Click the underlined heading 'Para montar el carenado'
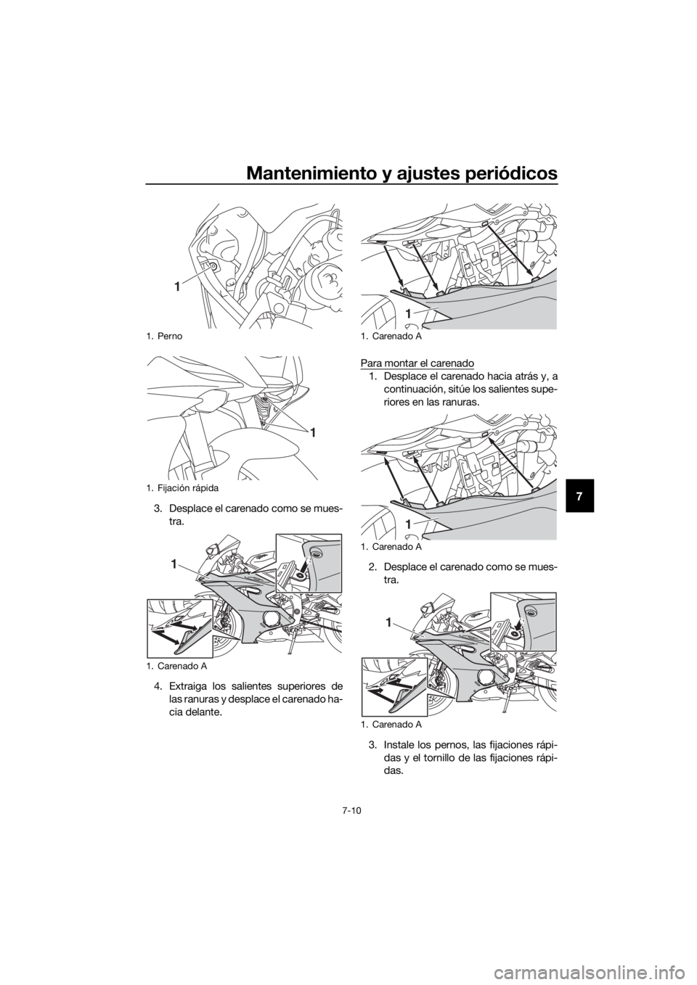[417, 363]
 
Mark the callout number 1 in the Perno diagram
[176, 287]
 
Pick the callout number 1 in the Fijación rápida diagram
[312, 433]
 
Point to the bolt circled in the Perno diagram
[213, 266]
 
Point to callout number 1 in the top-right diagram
[409, 313]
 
